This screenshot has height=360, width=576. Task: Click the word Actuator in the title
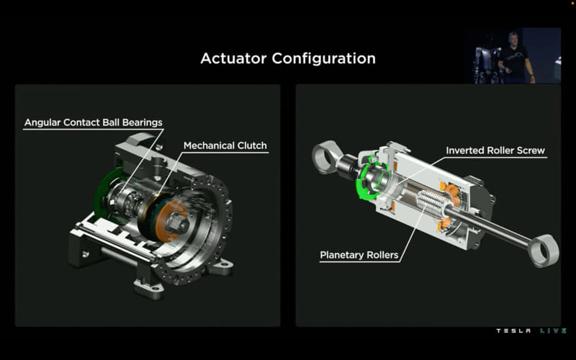coord(233,58)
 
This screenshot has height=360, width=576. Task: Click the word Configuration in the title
coord(323,59)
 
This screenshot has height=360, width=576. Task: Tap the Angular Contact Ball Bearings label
coord(94,122)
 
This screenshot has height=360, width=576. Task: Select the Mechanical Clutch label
coord(225,145)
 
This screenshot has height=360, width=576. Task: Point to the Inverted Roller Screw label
coord(495,150)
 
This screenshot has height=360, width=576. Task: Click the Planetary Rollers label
coord(359,255)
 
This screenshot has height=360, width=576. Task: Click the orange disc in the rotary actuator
coord(172,221)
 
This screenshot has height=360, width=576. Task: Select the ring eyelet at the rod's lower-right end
coord(543,251)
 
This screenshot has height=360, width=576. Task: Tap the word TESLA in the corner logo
coord(513,331)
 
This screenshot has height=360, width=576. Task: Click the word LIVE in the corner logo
coord(553,331)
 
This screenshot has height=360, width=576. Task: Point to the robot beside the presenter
coord(485,64)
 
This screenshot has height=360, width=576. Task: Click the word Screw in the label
coord(531,150)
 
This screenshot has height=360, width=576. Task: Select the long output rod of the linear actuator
coord(489,225)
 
